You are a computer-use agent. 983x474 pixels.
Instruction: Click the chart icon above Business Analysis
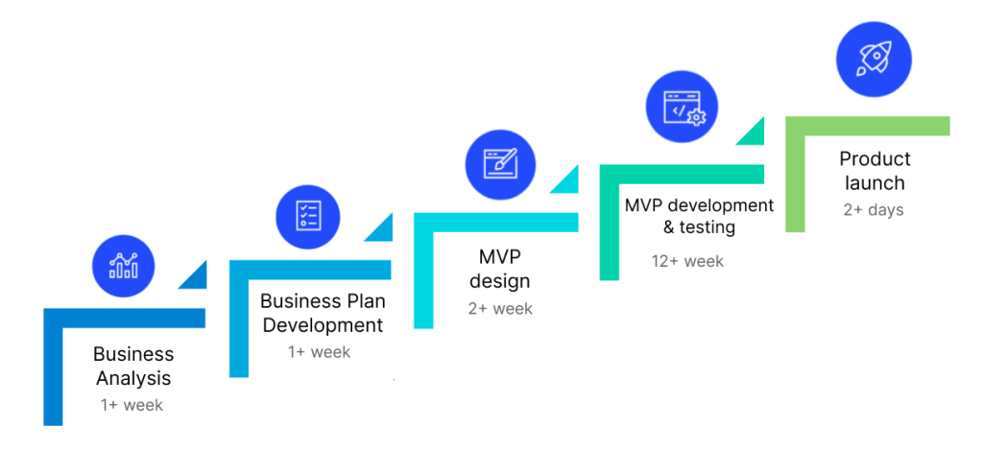coord(123,265)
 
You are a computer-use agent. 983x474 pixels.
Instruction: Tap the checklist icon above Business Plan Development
coord(308,214)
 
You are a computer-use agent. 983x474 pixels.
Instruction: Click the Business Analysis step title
coord(133,366)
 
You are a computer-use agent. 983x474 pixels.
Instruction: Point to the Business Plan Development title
coord(323,313)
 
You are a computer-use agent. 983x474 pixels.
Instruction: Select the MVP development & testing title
coord(699,216)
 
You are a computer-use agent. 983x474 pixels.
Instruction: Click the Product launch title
coord(875,170)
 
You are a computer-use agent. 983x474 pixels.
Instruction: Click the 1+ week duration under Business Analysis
coord(132,405)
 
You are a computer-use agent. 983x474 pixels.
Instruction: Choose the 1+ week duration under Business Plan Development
coord(320,352)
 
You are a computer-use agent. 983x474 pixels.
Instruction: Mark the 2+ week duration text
coord(500,308)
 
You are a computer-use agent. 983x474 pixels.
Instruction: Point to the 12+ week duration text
coord(687,260)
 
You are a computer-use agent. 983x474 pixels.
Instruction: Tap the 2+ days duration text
coord(874,209)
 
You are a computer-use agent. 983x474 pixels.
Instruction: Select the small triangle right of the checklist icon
coord(382,229)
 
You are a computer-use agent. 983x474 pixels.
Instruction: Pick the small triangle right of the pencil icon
coord(568,179)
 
